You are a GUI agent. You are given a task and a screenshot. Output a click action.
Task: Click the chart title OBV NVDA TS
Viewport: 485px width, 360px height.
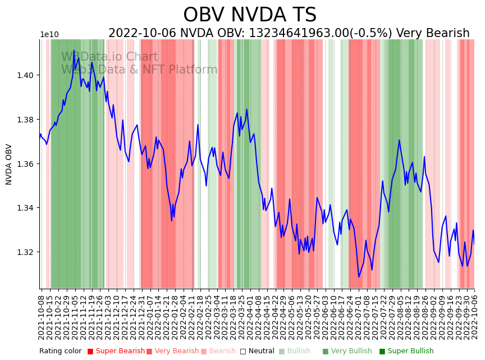(x=250, y=15)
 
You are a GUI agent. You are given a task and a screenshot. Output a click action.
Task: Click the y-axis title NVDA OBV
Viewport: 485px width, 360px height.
(x=9, y=164)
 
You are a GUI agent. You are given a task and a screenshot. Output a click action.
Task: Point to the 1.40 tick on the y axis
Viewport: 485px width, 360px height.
(x=29, y=75)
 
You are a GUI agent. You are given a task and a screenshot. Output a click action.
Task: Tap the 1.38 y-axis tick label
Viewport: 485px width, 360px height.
(x=29, y=120)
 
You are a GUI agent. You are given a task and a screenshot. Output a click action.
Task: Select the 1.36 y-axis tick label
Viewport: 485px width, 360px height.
(x=29, y=164)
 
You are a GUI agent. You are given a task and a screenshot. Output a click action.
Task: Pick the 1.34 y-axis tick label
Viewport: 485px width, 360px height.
(x=29, y=208)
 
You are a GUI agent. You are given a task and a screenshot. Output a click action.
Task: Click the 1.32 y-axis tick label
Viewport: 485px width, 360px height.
(x=29, y=252)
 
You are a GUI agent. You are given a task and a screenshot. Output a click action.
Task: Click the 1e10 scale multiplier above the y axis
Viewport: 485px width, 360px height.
(x=49, y=35)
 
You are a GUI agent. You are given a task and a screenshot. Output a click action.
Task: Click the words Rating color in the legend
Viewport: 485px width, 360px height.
(x=60, y=351)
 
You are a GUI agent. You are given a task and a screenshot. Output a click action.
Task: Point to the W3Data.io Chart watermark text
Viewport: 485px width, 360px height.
(x=109, y=57)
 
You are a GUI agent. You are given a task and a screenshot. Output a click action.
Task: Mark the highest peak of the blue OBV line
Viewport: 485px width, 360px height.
(x=74, y=51)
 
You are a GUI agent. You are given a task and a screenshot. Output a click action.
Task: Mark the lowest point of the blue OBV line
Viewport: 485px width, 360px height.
(x=359, y=277)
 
